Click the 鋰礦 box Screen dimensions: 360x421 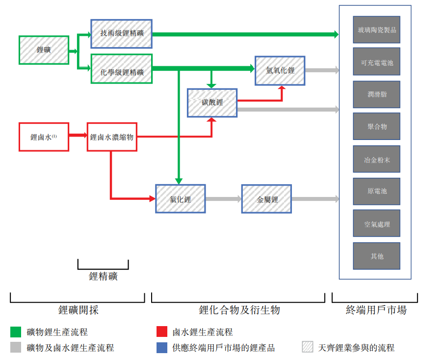[x=44, y=50]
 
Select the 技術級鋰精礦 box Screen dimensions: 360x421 [x=121, y=34]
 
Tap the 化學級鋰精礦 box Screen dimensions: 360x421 [x=122, y=69]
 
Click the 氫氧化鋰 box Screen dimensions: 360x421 [x=280, y=70]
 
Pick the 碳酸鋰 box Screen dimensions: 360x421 [x=212, y=103]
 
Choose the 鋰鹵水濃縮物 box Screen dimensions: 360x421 [x=111, y=137]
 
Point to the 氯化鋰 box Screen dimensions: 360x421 [x=180, y=199]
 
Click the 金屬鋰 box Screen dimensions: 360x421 [x=266, y=199]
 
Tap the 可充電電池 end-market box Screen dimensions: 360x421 [x=376, y=62]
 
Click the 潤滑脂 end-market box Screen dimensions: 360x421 [x=376, y=94]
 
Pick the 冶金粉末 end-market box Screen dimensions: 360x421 [x=376, y=159]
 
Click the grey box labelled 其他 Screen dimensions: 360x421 [x=376, y=256]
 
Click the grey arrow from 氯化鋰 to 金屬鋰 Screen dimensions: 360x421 [x=223, y=199]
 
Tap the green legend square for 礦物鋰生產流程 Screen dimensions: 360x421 [x=15, y=332]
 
